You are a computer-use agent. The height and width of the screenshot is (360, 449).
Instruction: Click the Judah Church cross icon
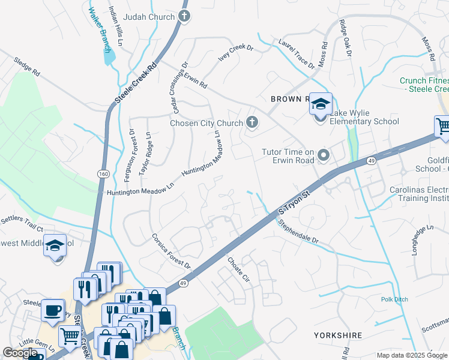coord(184,17)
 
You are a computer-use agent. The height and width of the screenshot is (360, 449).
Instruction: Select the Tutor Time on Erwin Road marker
coord(324,156)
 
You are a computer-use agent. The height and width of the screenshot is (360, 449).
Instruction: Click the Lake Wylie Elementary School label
coord(364,121)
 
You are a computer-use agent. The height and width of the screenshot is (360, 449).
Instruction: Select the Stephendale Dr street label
coord(298,230)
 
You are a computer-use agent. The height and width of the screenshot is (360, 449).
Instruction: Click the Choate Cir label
coord(238,268)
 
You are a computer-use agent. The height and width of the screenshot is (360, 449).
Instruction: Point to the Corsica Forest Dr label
coord(170,251)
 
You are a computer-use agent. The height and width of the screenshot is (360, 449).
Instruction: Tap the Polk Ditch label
coord(394,299)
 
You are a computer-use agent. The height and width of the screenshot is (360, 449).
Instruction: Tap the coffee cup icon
coord(53,310)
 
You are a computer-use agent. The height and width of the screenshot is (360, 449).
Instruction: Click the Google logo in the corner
coord(20,353)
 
